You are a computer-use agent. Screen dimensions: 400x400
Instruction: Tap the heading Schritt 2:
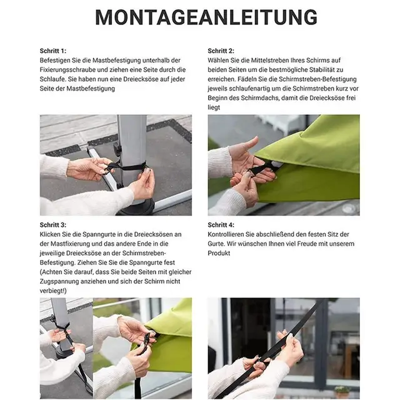coord(221,50)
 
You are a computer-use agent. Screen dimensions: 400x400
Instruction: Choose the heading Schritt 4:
coord(221,224)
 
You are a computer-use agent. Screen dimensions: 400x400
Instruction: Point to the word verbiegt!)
coord(53,291)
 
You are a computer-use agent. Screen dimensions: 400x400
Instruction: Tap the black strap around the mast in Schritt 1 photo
coord(131,167)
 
